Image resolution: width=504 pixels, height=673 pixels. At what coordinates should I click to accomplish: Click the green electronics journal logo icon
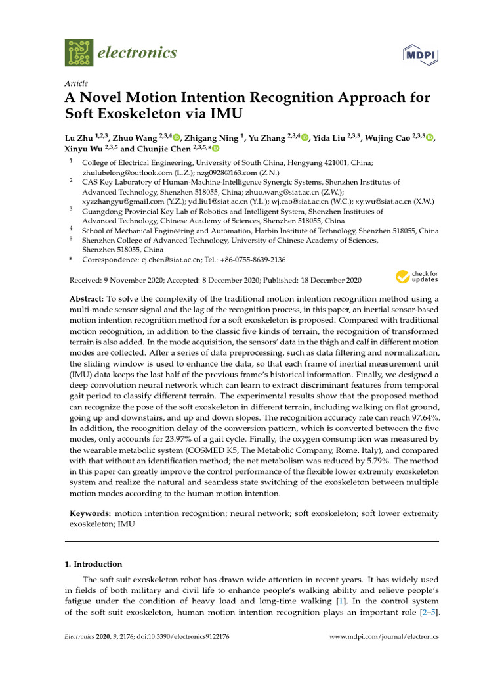point(79,52)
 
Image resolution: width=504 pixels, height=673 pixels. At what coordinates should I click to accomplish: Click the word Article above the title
point(76,83)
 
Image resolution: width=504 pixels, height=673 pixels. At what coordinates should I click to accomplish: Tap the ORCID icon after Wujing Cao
point(430,137)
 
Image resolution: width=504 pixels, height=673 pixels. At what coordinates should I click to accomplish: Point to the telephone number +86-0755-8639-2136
point(254,260)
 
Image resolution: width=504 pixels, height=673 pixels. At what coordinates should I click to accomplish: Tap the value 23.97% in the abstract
point(203,438)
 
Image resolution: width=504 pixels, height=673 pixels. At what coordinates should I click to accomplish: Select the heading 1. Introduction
point(97,564)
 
